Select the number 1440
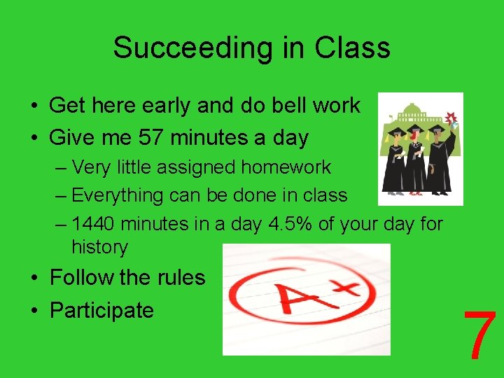point(94,224)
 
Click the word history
point(100,246)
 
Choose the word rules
point(180,277)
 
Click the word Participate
point(101,310)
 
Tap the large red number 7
point(480,336)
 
